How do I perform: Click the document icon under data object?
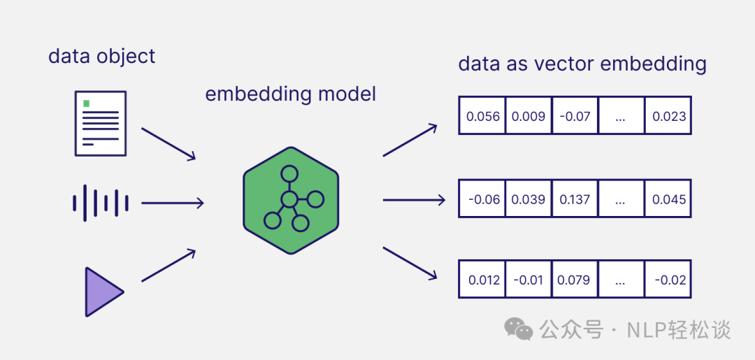(x=101, y=123)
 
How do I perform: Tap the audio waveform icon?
(x=101, y=203)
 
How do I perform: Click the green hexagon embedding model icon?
(x=291, y=201)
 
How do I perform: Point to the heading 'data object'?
(x=101, y=56)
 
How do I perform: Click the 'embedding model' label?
(x=290, y=94)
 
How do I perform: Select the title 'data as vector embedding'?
(x=582, y=64)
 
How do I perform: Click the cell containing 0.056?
(x=482, y=116)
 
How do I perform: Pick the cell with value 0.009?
(x=528, y=116)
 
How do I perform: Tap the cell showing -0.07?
(x=575, y=116)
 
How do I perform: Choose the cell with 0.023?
(x=668, y=116)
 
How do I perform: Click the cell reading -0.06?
(x=482, y=199)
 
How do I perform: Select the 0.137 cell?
(x=575, y=199)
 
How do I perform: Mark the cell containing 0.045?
(x=668, y=199)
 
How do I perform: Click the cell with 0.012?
(x=482, y=280)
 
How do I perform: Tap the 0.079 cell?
(x=575, y=280)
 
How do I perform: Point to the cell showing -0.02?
(x=668, y=280)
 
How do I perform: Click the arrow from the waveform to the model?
(x=172, y=203)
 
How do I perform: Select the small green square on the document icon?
(x=87, y=103)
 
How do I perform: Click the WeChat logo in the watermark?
(x=519, y=329)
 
